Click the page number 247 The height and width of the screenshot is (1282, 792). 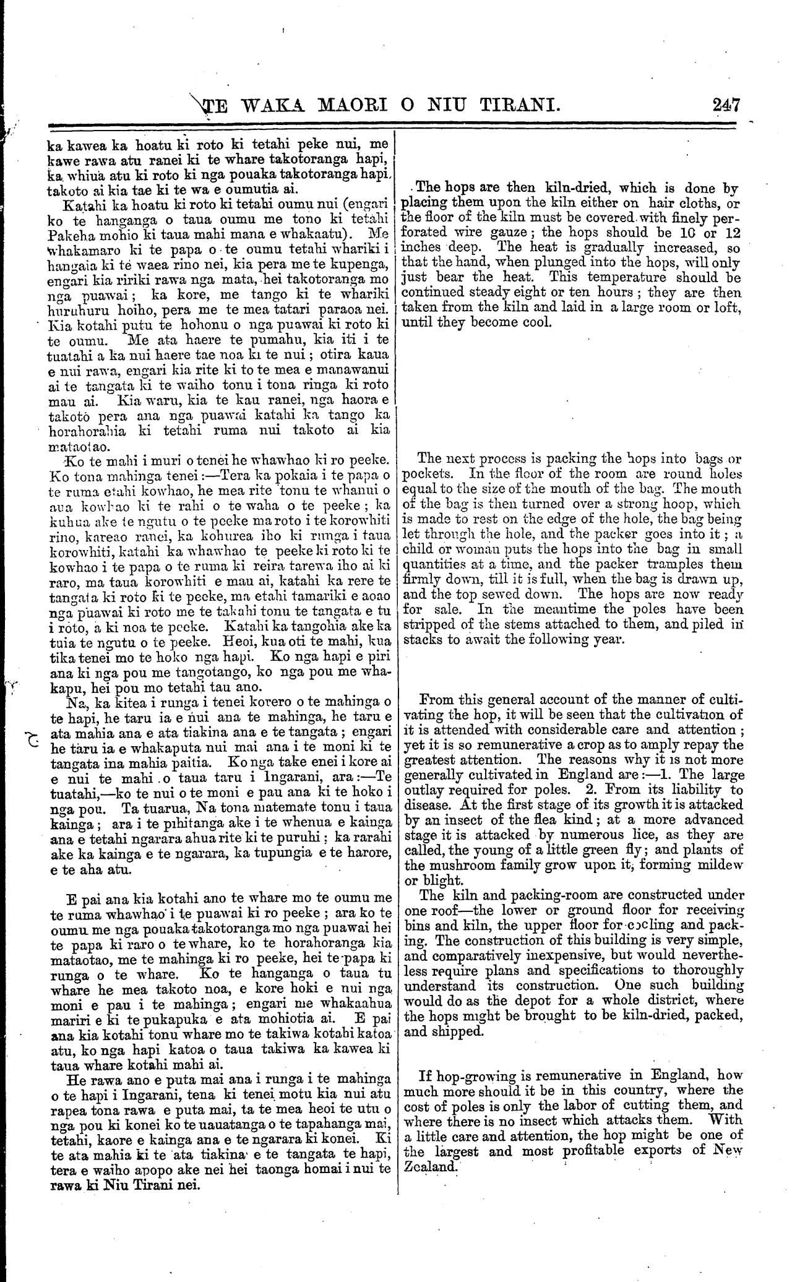[726, 105]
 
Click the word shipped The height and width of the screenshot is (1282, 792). [457, 1031]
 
